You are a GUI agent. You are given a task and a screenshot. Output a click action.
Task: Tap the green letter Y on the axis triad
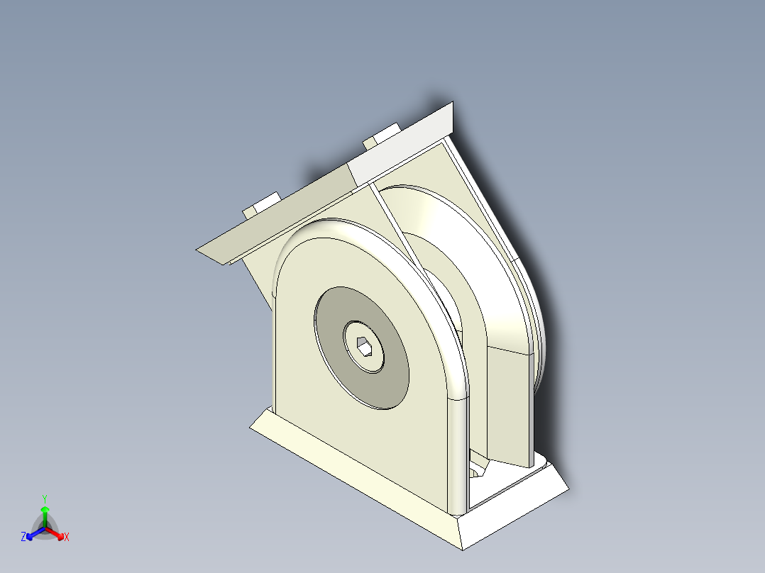44,499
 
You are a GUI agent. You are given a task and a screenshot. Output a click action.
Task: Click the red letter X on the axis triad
66,538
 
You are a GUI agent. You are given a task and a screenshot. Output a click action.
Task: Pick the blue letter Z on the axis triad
23,538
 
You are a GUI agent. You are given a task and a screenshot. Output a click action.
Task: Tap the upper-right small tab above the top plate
381,135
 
